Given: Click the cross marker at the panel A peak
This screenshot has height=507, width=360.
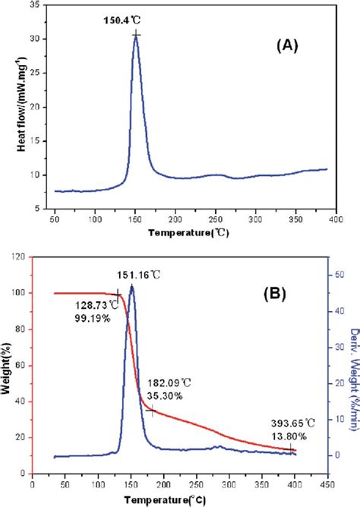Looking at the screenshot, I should (x=135, y=35).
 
